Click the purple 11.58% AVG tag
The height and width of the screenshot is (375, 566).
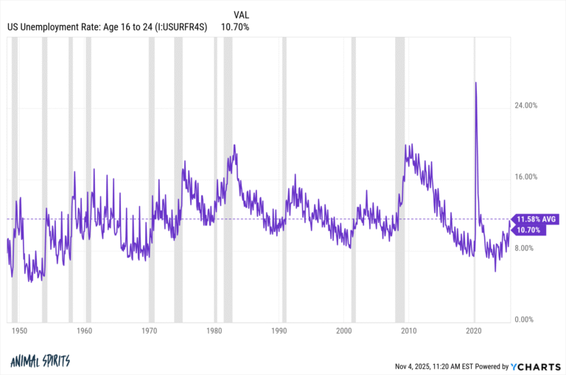[537, 219]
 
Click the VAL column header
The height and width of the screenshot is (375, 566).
[241, 15]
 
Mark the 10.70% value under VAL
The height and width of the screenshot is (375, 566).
[236, 27]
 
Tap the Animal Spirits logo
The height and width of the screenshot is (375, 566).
[41, 362]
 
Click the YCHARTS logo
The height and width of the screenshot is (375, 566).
[534, 366]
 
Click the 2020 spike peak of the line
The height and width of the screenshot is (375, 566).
[475, 83]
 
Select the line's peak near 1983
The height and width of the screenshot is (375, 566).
[234, 145]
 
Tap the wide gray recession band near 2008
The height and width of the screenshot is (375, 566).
[399, 177]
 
